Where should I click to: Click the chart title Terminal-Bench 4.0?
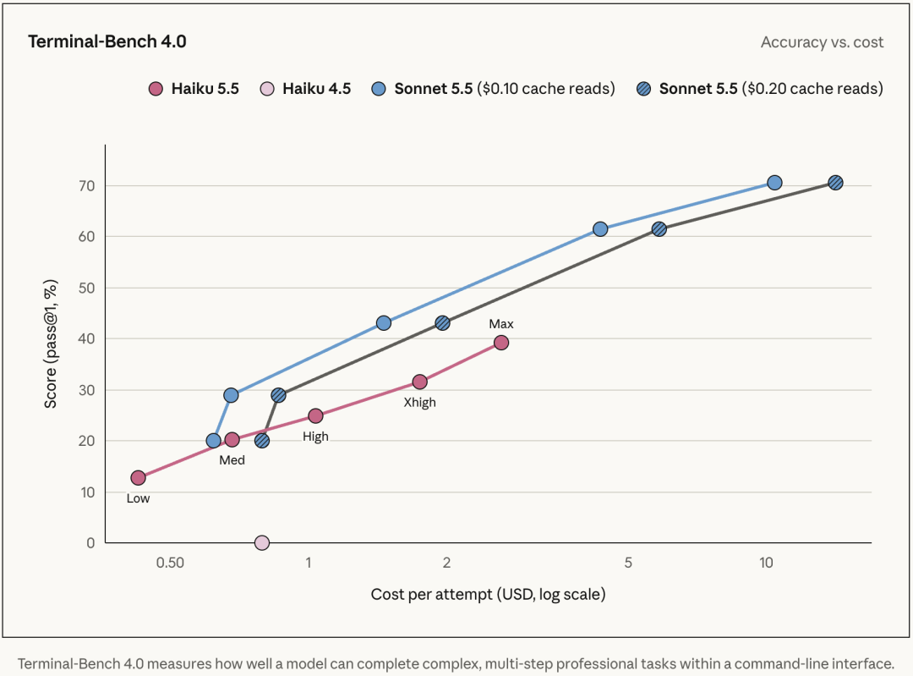pyautogui.click(x=107, y=41)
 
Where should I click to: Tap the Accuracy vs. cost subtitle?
pyautogui.click(x=823, y=42)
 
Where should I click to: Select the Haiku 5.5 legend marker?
pyautogui.click(x=156, y=89)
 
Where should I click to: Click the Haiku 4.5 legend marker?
pyautogui.click(x=266, y=89)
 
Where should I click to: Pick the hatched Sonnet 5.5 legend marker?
pyautogui.click(x=643, y=89)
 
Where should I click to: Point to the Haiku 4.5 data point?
pyautogui.click(x=262, y=543)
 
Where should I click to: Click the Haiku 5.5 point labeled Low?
pyautogui.click(x=138, y=478)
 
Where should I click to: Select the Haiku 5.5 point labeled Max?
pyautogui.click(x=500, y=343)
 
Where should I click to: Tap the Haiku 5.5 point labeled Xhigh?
pyautogui.click(x=419, y=382)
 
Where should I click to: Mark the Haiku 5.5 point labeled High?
pyautogui.click(x=315, y=415)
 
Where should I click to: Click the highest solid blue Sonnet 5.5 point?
pyautogui.click(x=774, y=183)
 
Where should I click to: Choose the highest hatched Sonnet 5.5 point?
pyautogui.click(x=835, y=183)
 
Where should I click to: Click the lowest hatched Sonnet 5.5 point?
pyautogui.click(x=262, y=441)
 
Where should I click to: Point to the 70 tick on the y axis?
pyautogui.click(x=87, y=186)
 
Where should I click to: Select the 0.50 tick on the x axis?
pyautogui.click(x=170, y=563)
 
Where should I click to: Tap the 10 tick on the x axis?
pyautogui.click(x=766, y=563)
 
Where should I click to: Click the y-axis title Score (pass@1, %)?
pyautogui.click(x=51, y=343)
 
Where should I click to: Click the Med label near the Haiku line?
pyautogui.click(x=232, y=459)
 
